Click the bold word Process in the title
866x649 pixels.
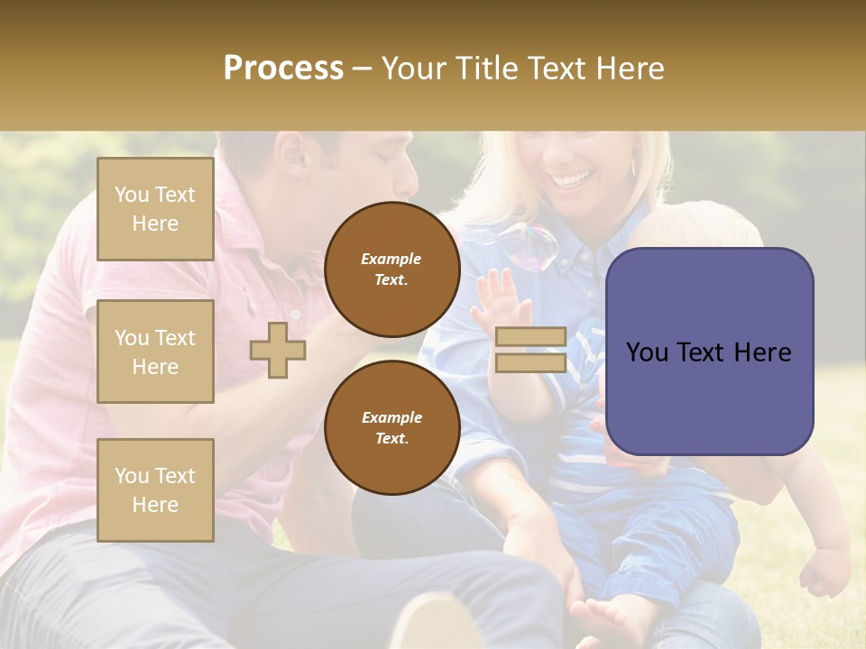tap(283, 69)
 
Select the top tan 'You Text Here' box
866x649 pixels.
tap(155, 209)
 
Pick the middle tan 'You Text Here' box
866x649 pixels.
tap(155, 352)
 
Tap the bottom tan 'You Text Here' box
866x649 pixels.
tap(155, 490)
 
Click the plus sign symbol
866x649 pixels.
tap(278, 350)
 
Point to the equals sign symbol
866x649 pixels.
tap(530, 350)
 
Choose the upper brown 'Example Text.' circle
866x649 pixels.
tap(392, 270)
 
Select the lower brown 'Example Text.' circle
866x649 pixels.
tap(392, 428)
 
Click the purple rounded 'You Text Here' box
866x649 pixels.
tap(709, 352)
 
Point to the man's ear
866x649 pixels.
tap(291, 153)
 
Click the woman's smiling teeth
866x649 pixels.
tap(570, 179)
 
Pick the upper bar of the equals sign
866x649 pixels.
tap(530, 337)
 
